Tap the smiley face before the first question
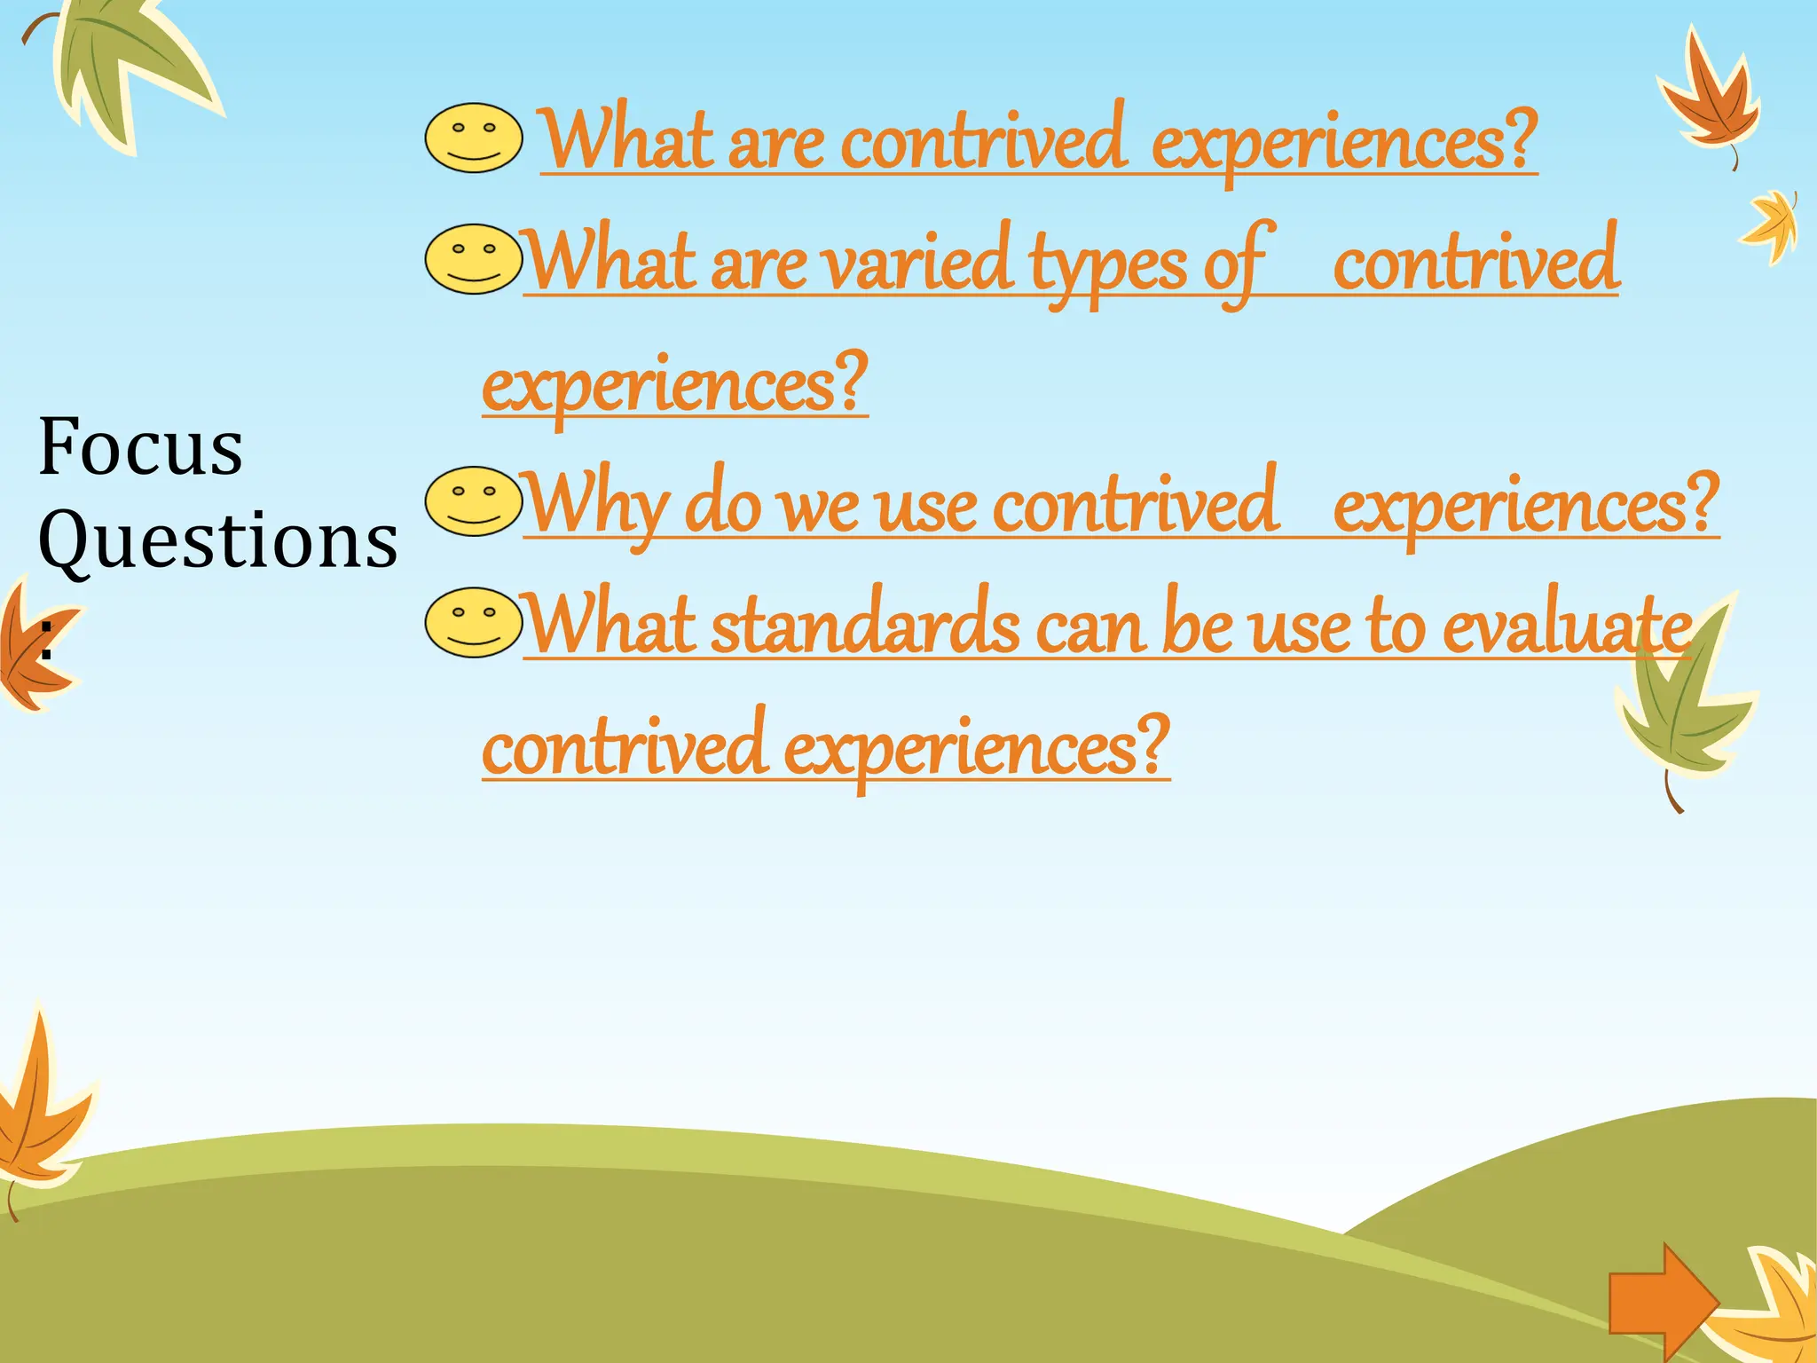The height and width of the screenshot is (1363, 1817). (x=474, y=138)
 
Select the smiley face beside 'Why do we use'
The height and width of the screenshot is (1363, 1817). (x=474, y=501)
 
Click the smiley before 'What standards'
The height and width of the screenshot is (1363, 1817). (x=474, y=623)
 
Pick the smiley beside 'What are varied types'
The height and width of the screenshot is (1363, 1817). (x=474, y=259)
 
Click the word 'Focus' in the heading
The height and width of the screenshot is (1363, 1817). (x=140, y=447)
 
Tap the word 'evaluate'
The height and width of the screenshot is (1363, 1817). (x=1567, y=626)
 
